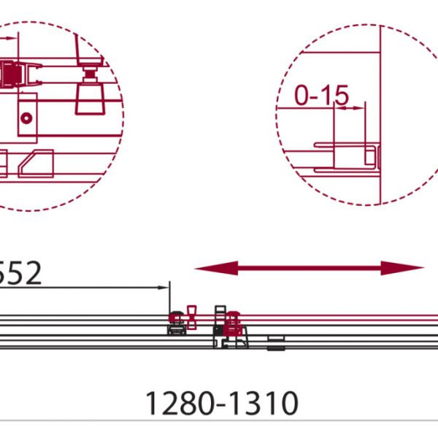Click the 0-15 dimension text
(322, 96)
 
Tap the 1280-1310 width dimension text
(222, 404)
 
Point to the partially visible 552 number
(20, 272)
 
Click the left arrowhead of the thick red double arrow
(217, 268)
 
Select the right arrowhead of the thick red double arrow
(402, 268)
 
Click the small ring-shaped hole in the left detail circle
(26, 118)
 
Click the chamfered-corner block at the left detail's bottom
(36, 164)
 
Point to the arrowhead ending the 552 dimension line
(163, 288)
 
